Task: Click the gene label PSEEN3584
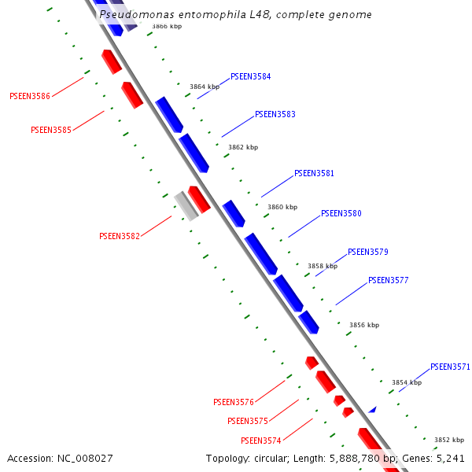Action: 250,77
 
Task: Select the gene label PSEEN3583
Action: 275,115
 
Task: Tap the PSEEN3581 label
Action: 314,173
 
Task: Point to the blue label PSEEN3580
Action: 341,213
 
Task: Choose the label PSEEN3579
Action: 367,252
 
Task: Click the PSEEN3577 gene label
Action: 388,280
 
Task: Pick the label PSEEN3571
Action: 450,367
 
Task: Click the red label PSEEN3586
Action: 30,96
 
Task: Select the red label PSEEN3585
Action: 50,130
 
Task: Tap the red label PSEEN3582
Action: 120,236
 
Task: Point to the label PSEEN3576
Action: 234,402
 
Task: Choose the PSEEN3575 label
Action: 248,421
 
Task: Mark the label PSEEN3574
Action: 261,441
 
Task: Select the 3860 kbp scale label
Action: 282,207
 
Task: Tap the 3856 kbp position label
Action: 364,325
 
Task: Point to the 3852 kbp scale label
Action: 448,440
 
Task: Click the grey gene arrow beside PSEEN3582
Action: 186,205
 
